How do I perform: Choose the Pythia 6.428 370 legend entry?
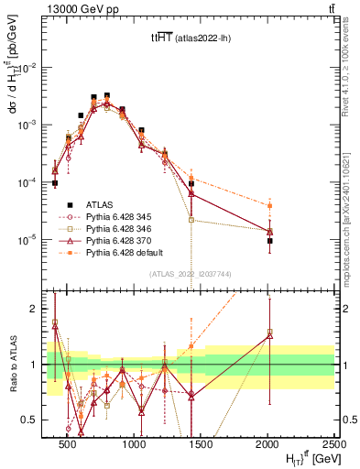tap(119, 241)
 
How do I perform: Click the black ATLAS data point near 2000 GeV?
tap(269, 241)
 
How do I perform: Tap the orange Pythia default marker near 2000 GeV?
tap(269, 205)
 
